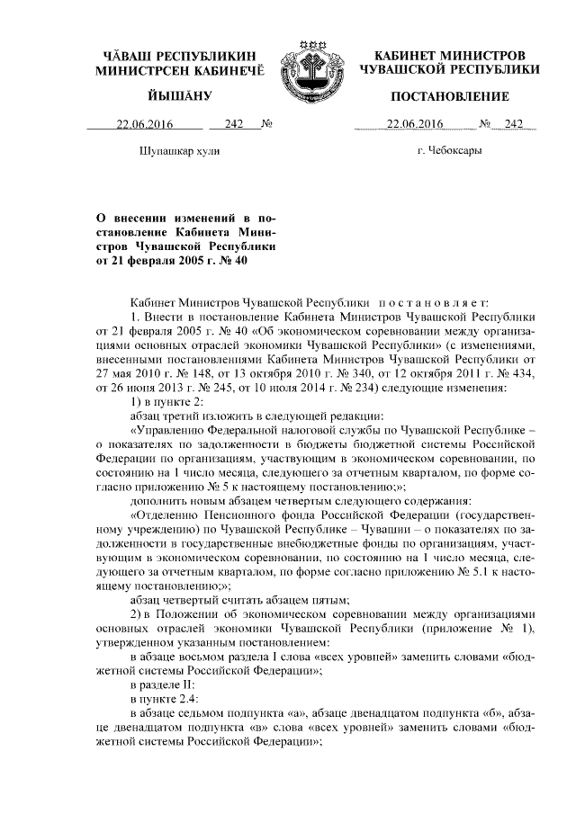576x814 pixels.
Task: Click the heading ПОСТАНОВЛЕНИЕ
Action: (x=449, y=96)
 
